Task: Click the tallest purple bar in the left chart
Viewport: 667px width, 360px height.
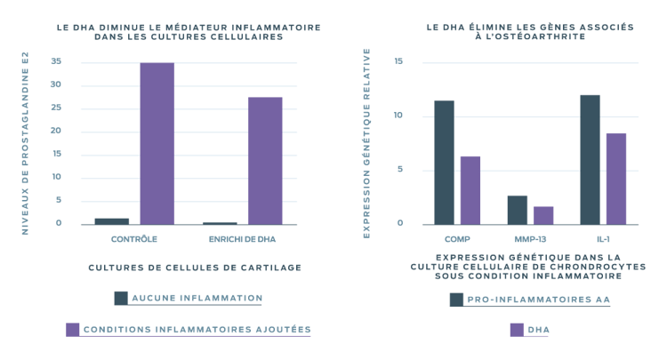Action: (x=157, y=142)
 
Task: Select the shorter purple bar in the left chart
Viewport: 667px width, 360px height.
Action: (x=265, y=159)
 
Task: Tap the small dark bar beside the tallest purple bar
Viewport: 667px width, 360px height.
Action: (x=111, y=220)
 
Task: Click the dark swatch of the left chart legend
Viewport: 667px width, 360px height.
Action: (x=120, y=297)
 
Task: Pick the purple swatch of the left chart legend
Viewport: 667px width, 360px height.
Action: (x=73, y=329)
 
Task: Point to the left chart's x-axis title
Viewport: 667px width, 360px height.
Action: (x=194, y=266)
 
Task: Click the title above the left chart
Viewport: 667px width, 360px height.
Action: (x=188, y=33)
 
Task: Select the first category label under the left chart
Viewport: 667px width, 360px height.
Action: (x=134, y=240)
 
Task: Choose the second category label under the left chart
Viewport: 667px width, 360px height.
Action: (x=242, y=240)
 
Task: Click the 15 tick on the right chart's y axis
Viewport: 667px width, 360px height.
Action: (x=398, y=61)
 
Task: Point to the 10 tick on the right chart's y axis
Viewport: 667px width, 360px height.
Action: (x=398, y=116)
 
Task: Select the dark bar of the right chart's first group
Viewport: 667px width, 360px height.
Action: (x=444, y=161)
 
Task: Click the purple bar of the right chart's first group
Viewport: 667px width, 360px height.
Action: (x=470, y=188)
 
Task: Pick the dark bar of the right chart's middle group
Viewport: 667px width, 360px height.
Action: (x=517, y=208)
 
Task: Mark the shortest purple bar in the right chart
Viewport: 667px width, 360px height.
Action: (x=542, y=213)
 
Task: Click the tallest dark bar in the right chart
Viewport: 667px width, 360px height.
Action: (x=590, y=158)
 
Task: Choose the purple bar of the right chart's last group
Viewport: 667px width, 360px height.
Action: (x=615, y=177)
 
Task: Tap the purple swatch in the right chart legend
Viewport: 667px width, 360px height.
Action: (x=516, y=329)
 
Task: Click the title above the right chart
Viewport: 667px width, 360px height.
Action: (x=529, y=33)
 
